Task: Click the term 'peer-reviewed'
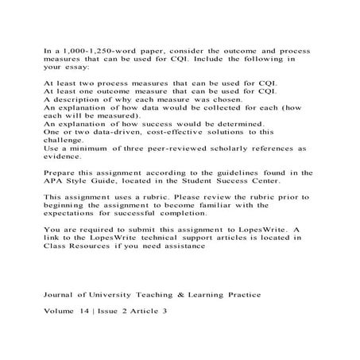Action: [x=175, y=147]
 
